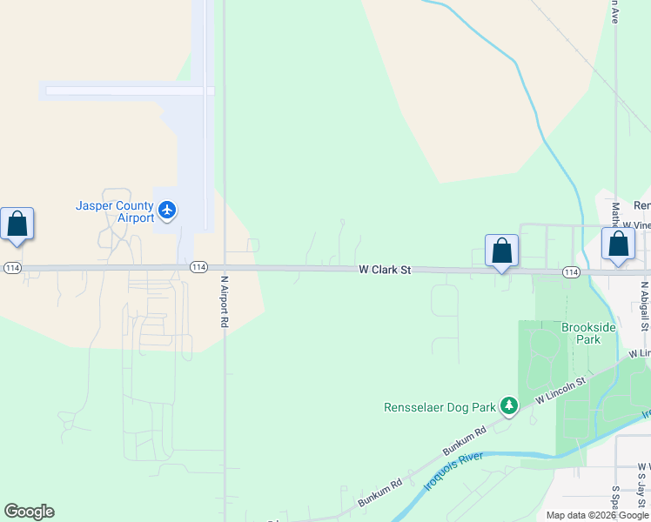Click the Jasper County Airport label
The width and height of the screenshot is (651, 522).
pos(115,211)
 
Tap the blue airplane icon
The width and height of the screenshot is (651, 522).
pos(167,210)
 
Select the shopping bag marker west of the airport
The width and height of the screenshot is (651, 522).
pos(17,224)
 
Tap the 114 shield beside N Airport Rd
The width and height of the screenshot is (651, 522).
pos(198,267)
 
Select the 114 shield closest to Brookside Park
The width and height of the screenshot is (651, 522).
pos(570,272)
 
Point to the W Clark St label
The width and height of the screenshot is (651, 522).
pos(384,271)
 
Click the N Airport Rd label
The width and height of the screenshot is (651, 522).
pos(224,302)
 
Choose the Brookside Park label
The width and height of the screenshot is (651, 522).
pos(588,333)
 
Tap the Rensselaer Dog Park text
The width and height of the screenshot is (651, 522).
pos(440,406)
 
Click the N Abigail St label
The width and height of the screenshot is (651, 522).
pos(645,305)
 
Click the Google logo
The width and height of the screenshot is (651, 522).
pos(29,512)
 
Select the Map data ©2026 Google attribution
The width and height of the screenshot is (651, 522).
pos(597,515)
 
